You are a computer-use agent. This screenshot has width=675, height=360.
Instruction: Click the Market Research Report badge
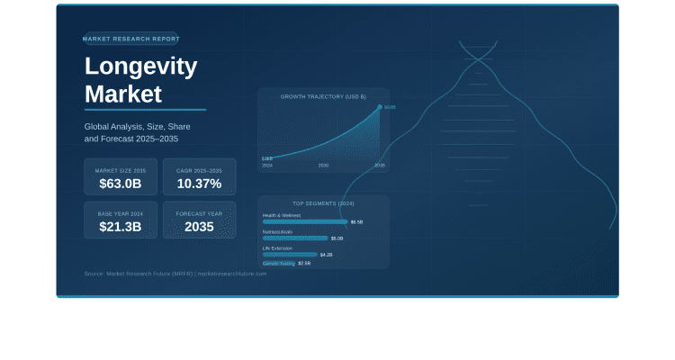pyautogui.click(x=130, y=39)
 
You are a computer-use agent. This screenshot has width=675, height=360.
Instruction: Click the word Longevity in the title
pyautogui.click(x=140, y=67)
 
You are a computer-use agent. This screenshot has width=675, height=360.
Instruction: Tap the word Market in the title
pyautogui.click(x=123, y=94)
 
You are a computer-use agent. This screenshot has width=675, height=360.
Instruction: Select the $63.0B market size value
pyautogui.click(x=121, y=184)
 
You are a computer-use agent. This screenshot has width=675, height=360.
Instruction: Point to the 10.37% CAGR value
pyautogui.click(x=199, y=184)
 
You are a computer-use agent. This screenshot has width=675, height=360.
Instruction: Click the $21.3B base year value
pyautogui.click(x=121, y=227)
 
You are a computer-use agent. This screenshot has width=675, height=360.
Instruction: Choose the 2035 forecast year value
pyautogui.click(x=199, y=227)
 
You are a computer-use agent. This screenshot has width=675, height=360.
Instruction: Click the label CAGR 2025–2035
pyautogui.click(x=199, y=170)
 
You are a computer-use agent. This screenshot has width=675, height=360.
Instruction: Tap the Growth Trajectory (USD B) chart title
pyautogui.click(x=323, y=95)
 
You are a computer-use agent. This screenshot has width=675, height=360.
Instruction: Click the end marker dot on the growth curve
pyautogui.click(x=380, y=107)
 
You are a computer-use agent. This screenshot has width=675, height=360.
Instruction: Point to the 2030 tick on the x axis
pyautogui.click(x=323, y=166)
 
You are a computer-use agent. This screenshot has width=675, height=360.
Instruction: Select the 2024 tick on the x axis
pyautogui.click(x=267, y=166)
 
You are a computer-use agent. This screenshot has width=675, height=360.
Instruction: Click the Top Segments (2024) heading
pyautogui.click(x=323, y=203)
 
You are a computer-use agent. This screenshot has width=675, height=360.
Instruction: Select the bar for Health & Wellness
pyautogui.click(x=305, y=221)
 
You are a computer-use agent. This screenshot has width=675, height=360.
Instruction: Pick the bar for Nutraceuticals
pyautogui.click(x=295, y=238)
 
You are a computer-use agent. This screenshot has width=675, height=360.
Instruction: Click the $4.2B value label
pyautogui.click(x=327, y=255)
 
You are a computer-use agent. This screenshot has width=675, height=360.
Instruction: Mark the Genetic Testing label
pyautogui.click(x=278, y=264)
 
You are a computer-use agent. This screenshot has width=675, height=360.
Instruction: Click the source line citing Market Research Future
pyautogui.click(x=175, y=274)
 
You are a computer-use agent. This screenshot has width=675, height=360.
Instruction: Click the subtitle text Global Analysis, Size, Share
pyautogui.click(x=137, y=127)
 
